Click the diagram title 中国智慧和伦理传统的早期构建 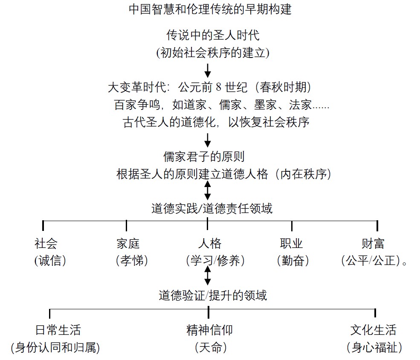coord(210,9)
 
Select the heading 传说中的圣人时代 coord(213,35)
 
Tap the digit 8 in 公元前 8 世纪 coord(219,87)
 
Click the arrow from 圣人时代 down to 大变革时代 coord(208,70)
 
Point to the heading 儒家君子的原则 coord(204,157)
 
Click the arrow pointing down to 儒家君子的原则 coord(208,140)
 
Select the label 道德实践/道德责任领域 coord(211,208)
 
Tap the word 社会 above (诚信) coord(46,244)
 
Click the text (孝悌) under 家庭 coord(132,260)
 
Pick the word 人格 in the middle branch coord(210,244)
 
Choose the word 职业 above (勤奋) coord(291,244)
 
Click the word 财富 coord(373,244)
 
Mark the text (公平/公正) coord(371,260)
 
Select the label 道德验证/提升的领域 coord(213,296)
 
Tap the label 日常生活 coord(58,330)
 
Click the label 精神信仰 coord(209,330)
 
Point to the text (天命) coord(211,347)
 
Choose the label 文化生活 coord(373,330)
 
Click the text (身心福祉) coord(374,347)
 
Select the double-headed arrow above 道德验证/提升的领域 coord(208,276)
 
